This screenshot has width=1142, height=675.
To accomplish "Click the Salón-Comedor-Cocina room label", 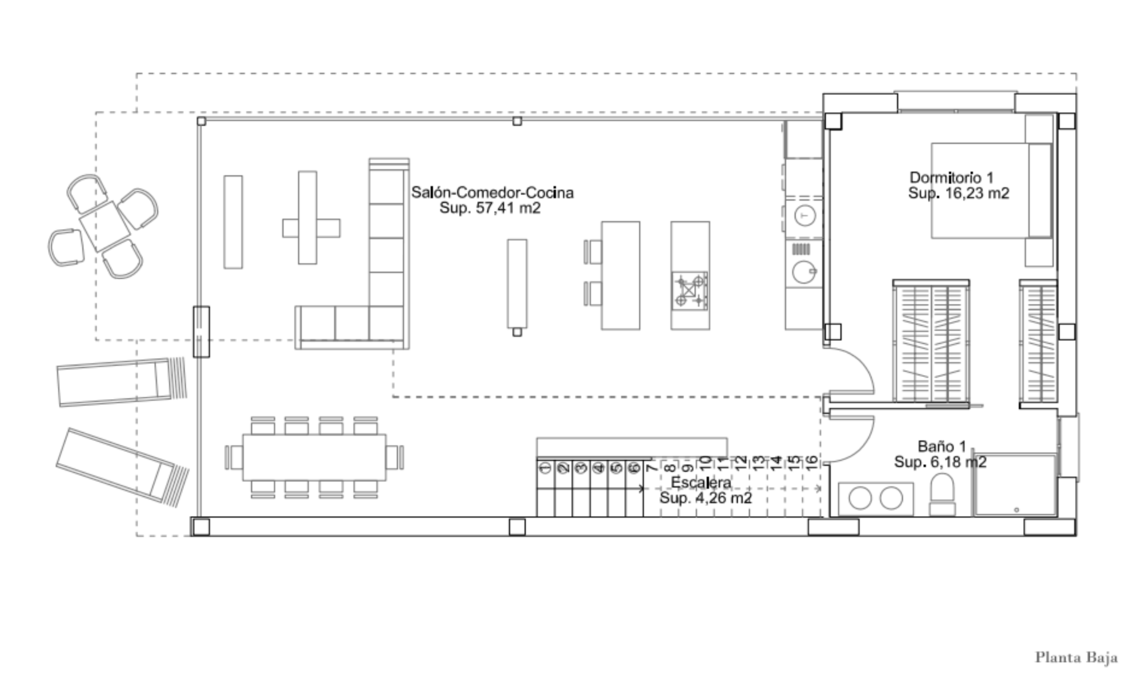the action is (492, 192).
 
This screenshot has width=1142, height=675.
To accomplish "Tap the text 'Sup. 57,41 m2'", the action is (490, 208).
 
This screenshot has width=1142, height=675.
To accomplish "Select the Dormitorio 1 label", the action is (952, 178).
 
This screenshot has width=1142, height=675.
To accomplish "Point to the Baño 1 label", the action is (942, 446).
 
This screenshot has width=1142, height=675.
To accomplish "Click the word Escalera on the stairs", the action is (701, 483).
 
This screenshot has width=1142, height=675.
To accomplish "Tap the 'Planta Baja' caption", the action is (1076, 658).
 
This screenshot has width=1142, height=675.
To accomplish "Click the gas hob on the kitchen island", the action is (690, 291).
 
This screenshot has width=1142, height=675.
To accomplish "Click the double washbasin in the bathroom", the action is (875, 499).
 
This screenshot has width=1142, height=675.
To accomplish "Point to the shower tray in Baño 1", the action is (1015, 485).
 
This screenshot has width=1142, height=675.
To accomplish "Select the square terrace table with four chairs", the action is (104, 226).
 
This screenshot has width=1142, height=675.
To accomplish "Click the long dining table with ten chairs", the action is (314, 457).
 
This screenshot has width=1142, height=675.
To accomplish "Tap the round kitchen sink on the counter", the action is (803, 272).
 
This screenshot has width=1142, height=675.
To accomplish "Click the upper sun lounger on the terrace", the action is (122, 382).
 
